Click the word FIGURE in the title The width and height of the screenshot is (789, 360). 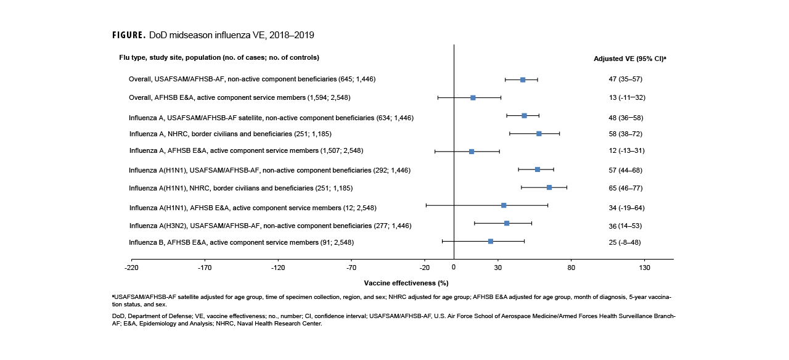click(128, 35)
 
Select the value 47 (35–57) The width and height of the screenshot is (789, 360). click(625, 79)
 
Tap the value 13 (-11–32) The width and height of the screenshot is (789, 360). click(627, 97)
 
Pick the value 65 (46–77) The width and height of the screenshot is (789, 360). click(625, 187)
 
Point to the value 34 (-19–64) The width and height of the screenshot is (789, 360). click(627, 208)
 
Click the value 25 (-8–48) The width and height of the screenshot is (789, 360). click(624, 242)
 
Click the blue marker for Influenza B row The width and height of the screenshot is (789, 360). click(491, 241)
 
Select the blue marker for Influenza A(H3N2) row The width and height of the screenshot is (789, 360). click(507, 223)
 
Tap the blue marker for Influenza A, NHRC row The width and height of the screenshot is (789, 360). click(539, 133)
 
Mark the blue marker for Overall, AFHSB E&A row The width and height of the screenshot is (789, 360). click(473, 97)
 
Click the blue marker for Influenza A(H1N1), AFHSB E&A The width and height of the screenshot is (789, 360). click(504, 205)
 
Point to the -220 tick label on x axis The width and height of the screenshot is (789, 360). click(131, 268)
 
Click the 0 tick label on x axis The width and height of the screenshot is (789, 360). click(454, 268)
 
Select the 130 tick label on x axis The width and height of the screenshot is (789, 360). click(645, 268)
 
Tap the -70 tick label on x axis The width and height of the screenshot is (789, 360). click(351, 268)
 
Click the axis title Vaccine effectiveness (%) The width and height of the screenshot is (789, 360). click(406, 283)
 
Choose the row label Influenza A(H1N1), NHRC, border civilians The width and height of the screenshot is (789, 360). click(240, 188)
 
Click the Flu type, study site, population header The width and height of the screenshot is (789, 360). click(219, 57)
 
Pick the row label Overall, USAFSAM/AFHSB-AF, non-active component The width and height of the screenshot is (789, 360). click(251, 79)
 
